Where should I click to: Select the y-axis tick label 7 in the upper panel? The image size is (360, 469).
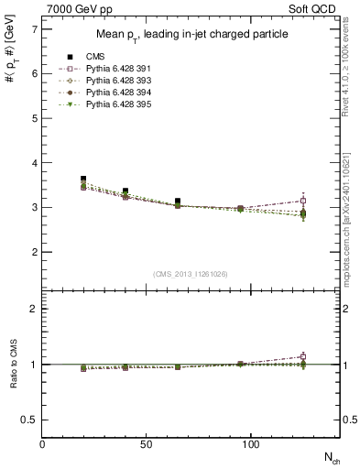pos(34,30)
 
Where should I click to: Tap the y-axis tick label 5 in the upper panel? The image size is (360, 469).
pos(34,119)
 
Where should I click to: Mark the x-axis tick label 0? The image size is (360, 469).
pos(42,444)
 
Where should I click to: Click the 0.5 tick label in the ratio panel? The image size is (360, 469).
pos(29,420)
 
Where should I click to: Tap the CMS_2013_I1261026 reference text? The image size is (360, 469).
pos(191,275)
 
